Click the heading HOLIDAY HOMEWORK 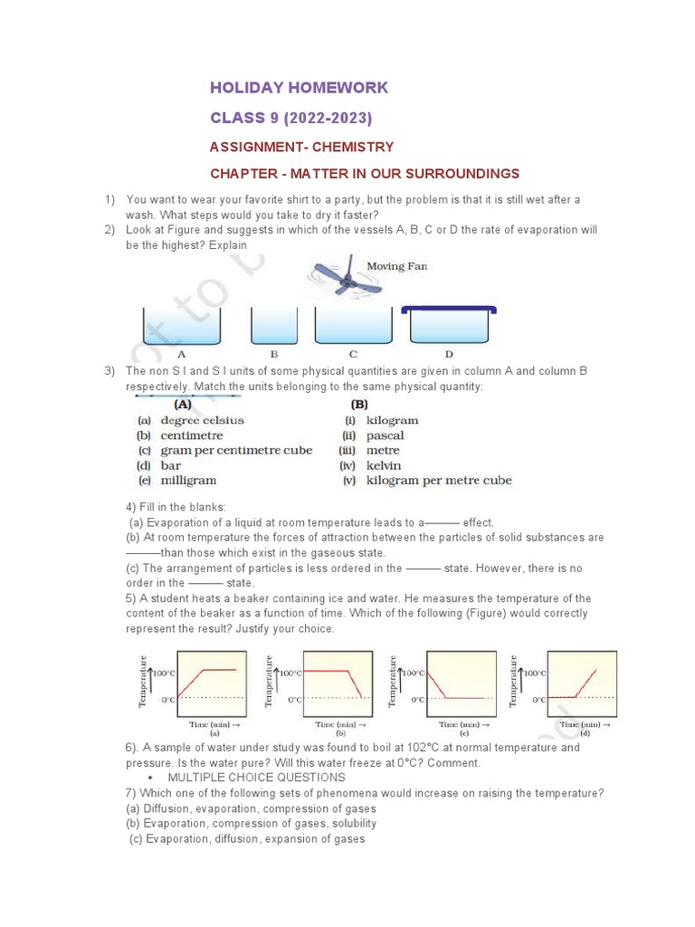point(299,88)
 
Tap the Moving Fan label point(396,266)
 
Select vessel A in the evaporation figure point(182,327)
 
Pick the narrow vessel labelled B point(273,327)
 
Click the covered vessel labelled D point(449,325)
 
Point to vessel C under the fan point(353,327)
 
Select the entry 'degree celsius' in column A point(202,421)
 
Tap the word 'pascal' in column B point(385,435)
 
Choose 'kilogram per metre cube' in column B point(438,481)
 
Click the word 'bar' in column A point(171,465)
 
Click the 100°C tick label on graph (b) point(290,674)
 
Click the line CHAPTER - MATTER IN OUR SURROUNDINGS point(365,173)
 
